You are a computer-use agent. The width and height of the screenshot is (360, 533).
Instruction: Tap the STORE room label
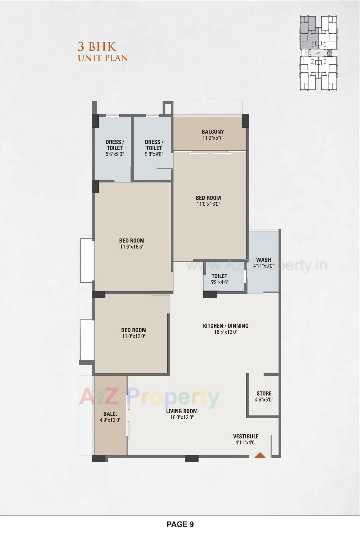[264, 394]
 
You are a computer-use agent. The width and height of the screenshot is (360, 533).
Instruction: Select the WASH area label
[264, 260]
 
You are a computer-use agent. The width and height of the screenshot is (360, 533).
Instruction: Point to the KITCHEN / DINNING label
[226, 326]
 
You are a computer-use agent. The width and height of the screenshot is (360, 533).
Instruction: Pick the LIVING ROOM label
[182, 411]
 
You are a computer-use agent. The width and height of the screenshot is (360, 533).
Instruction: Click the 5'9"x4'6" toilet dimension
[219, 282]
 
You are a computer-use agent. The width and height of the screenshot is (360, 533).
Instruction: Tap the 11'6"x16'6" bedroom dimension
[132, 247]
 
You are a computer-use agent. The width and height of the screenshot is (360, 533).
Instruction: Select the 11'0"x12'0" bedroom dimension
[134, 336]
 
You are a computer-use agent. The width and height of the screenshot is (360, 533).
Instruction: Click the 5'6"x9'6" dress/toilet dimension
[114, 154]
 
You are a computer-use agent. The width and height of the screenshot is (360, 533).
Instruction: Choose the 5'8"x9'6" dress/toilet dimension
[154, 154]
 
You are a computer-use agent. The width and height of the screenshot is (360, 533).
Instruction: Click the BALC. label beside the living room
[110, 414]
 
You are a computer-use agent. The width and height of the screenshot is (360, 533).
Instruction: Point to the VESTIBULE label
[246, 436]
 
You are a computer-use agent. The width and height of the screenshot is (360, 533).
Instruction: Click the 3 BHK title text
[97, 46]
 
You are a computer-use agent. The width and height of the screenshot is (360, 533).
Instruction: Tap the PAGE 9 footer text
[180, 524]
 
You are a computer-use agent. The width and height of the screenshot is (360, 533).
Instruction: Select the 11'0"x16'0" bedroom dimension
[208, 204]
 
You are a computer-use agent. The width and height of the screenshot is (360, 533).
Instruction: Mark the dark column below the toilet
[210, 294]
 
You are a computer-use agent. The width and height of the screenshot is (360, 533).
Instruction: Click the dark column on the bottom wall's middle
[192, 459]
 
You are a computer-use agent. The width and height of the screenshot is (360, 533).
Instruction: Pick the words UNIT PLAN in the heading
[103, 58]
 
